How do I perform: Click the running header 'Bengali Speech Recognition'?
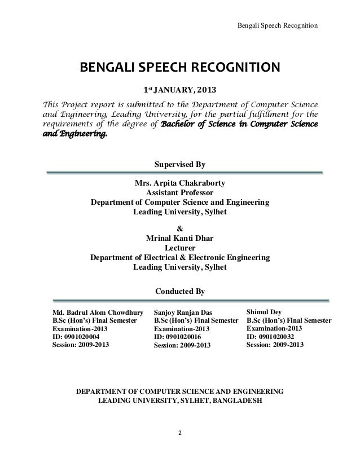tap(277, 27)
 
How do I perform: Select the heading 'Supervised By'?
tap(180, 165)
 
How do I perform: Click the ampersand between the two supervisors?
tap(180, 228)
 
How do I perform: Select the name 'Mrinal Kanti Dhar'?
tap(180, 238)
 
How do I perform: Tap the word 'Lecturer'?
tap(180, 248)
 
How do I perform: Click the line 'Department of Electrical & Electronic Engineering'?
tap(180, 257)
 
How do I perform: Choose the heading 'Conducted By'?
tap(180, 292)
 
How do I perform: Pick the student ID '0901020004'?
tap(90, 337)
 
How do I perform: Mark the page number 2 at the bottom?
tap(180, 434)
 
